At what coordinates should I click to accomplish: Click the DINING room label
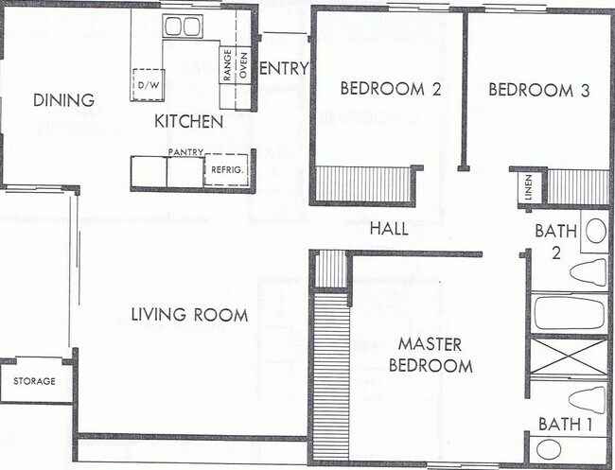coord(63,100)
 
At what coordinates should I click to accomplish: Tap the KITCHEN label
coord(188,121)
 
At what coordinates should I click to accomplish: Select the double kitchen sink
coord(183,26)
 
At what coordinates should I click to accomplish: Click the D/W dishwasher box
coord(148,85)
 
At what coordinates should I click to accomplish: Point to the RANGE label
coord(227,65)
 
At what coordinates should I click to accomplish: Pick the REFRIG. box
coord(227,169)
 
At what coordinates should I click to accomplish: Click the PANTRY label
coord(185,152)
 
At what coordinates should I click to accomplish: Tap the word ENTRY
coord(285,69)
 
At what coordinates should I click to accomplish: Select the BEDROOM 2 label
coord(391,89)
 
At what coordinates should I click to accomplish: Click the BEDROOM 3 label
coord(539,91)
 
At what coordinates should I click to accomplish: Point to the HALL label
coord(389,229)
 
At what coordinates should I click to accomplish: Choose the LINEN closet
coord(529,188)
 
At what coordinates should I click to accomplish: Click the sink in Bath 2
coord(595,231)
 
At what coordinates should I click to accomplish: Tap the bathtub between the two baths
coord(569,312)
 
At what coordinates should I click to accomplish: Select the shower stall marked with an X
coord(569,356)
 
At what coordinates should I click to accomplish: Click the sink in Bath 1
coord(549,449)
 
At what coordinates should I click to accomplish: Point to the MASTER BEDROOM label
coord(430,356)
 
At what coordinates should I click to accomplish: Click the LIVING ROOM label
coord(189,315)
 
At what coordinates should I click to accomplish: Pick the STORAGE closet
coord(34,381)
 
